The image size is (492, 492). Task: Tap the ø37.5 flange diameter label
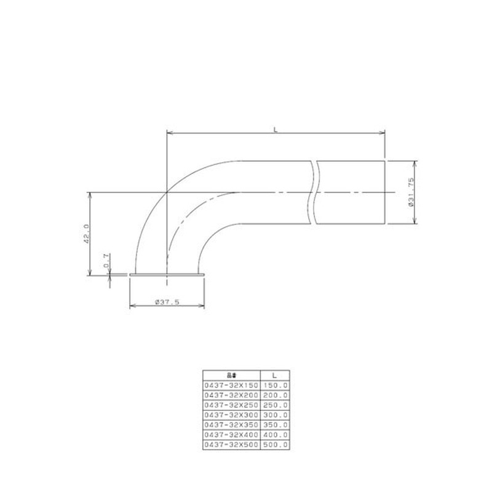point(167,302)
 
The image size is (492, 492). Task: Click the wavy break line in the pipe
point(315,192)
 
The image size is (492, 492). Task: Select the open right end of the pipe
point(386,192)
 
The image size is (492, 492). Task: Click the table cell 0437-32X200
point(232,394)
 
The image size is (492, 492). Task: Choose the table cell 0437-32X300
point(232,415)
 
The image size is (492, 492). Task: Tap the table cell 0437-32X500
point(232,444)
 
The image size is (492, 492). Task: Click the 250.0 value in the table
point(276,405)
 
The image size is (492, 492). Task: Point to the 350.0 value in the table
point(276,424)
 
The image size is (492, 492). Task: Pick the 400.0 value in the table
point(276,434)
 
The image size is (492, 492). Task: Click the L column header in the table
point(276,374)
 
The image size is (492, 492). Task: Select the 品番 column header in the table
point(232,374)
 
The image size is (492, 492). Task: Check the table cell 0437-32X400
point(232,434)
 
